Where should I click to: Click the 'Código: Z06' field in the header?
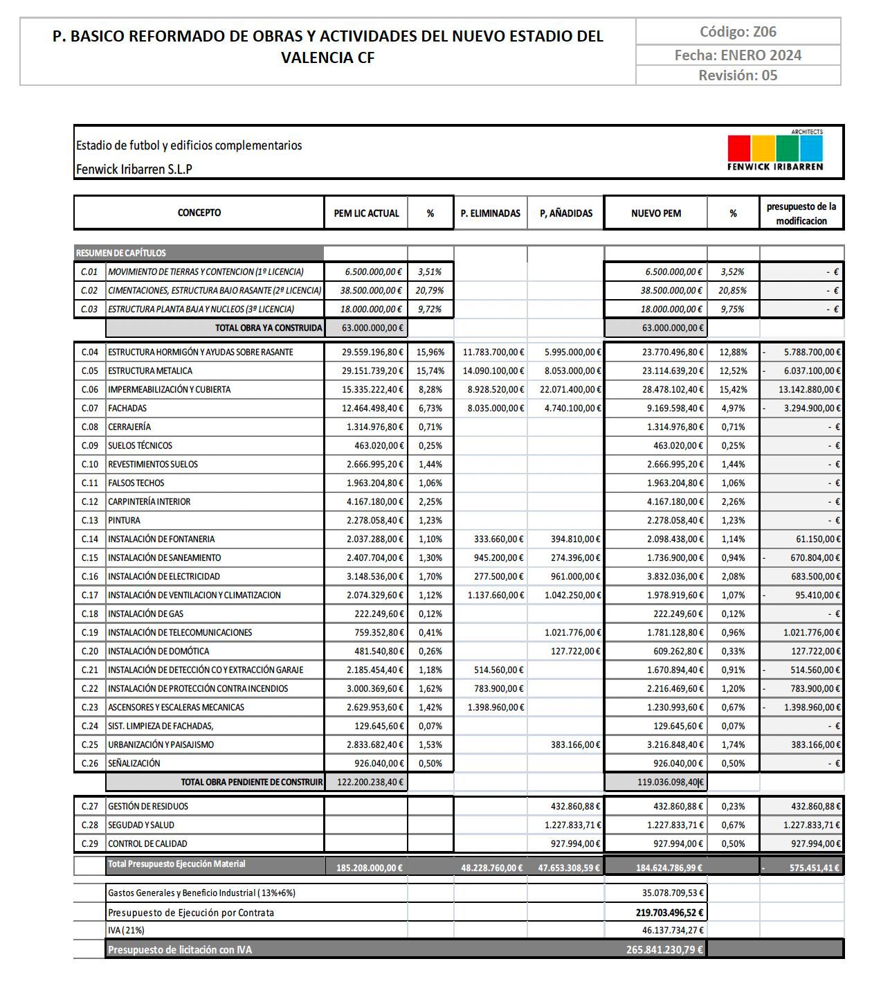pos(738,32)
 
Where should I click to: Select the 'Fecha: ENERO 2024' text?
pos(738,55)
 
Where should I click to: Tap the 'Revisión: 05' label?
pos(738,75)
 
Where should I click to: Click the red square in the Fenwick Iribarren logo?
pos(738,148)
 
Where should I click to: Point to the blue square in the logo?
pos(811,148)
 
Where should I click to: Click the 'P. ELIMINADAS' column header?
pos(490,213)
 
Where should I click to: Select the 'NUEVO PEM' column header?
pos(655,213)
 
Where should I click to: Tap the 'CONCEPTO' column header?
pos(199,213)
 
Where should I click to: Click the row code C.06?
pos(90,390)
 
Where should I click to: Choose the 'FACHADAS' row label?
pos(127,409)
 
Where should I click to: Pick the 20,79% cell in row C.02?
pos(430,291)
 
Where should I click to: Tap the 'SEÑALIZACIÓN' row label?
pos(134,764)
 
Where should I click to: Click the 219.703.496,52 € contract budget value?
pos(669,913)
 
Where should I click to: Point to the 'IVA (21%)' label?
pos(126,931)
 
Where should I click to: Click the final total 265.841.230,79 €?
pos(664,950)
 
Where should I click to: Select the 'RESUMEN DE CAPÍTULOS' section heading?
pos(121,253)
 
